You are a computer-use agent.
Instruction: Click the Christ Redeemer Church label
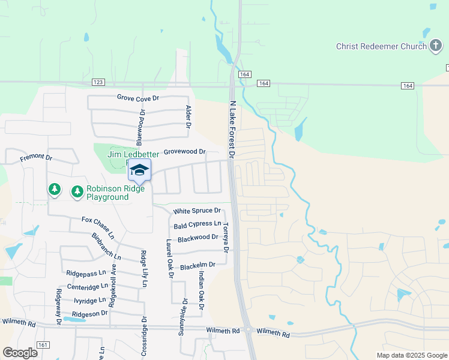(381, 46)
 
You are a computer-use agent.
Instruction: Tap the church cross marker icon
(436, 46)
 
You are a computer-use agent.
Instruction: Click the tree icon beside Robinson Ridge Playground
(77, 192)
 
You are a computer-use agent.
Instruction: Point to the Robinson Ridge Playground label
(108, 193)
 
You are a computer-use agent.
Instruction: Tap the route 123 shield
(98, 82)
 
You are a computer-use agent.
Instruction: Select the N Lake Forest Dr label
(234, 128)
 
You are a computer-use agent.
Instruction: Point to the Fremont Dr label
(36, 157)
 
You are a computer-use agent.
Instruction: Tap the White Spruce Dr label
(197, 211)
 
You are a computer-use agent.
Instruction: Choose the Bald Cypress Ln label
(197, 225)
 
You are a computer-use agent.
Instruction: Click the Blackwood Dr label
(197, 238)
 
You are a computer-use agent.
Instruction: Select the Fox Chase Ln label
(97, 226)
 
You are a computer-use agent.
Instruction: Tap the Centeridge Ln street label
(88, 287)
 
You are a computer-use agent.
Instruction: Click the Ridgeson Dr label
(89, 313)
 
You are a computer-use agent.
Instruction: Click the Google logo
(20, 352)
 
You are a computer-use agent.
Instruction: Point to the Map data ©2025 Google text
(411, 355)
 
